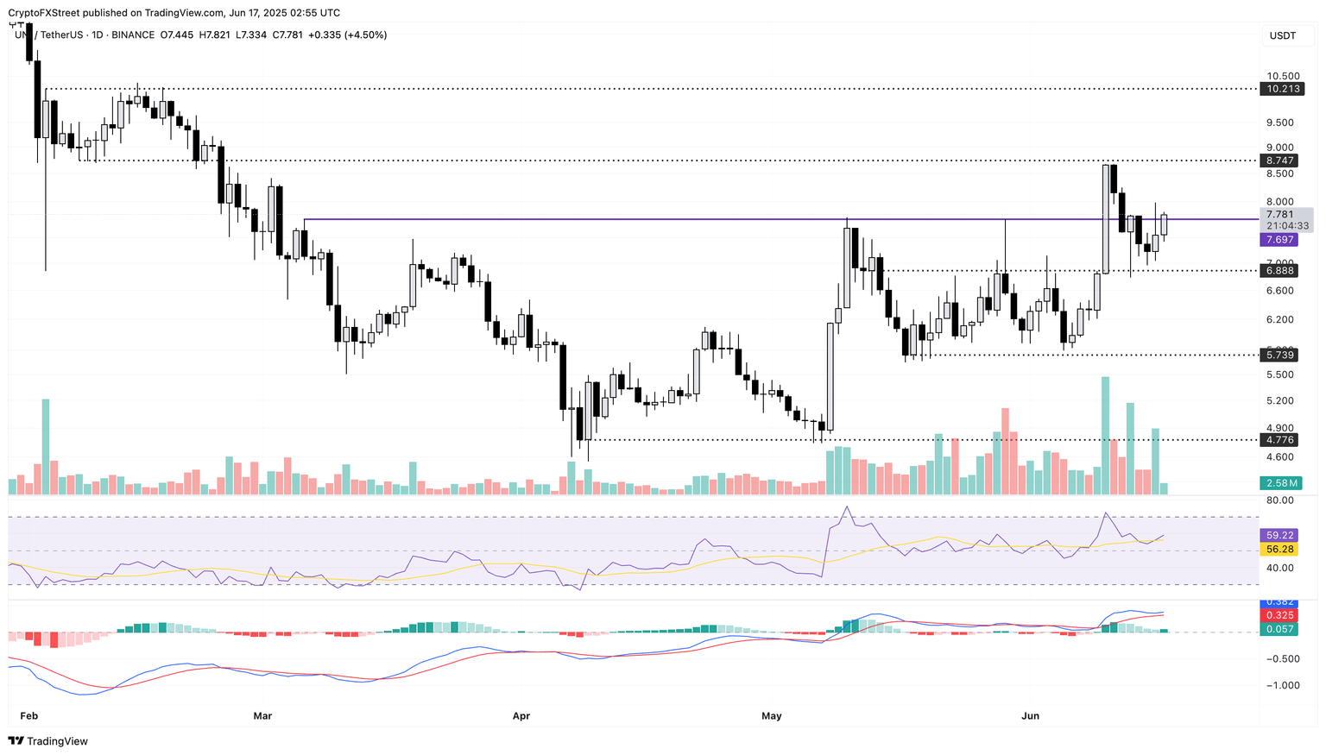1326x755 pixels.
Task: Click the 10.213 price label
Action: pyautogui.click(x=1281, y=89)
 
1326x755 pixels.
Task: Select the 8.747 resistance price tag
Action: pyautogui.click(x=1281, y=160)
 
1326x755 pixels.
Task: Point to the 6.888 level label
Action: pyautogui.click(x=1281, y=271)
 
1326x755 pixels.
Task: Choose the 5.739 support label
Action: pyautogui.click(x=1281, y=355)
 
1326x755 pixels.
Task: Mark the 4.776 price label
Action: pyautogui.click(x=1281, y=440)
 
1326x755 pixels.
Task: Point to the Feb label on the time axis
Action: pyautogui.click(x=28, y=715)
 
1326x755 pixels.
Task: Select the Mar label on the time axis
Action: pyautogui.click(x=262, y=715)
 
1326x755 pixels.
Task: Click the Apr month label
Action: pyautogui.click(x=521, y=715)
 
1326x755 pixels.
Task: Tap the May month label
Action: pyautogui.click(x=772, y=715)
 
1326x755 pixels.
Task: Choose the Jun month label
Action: pyautogui.click(x=1030, y=715)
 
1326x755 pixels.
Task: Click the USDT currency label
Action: pyautogui.click(x=1282, y=35)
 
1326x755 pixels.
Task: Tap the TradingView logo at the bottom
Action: pyautogui.click(x=48, y=741)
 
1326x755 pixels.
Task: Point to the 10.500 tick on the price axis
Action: pyautogui.click(x=1283, y=76)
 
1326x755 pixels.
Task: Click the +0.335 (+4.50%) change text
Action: pyautogui.click(x=347, y=35)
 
